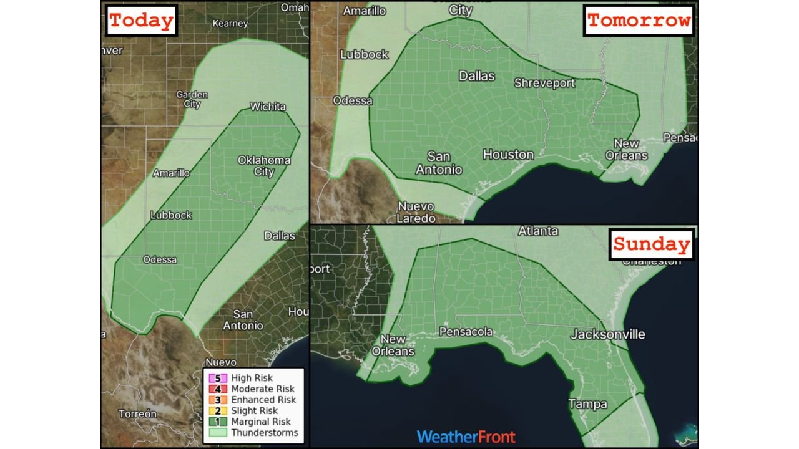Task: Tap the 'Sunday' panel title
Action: click(651, 244)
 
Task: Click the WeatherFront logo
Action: click(466, 437)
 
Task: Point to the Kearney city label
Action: click(230, 24)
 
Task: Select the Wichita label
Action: click(267, 107)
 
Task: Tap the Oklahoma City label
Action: click(264, 165)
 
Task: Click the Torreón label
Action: click(138, 413)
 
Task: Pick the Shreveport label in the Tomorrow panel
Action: click(544, 83)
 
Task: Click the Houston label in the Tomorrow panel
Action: click(508, 154)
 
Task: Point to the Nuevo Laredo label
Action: click(416, 212)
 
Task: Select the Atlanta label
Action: click(538, 231)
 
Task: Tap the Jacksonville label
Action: click(607, 335)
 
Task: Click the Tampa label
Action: click(587, 405)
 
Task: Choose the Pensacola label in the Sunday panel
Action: click(466, 332)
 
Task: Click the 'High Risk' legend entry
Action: click(252, 378)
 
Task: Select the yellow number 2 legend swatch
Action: click(218, 411)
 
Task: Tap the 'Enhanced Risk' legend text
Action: click(263, 400)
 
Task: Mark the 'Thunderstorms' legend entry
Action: click(264, 433)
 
